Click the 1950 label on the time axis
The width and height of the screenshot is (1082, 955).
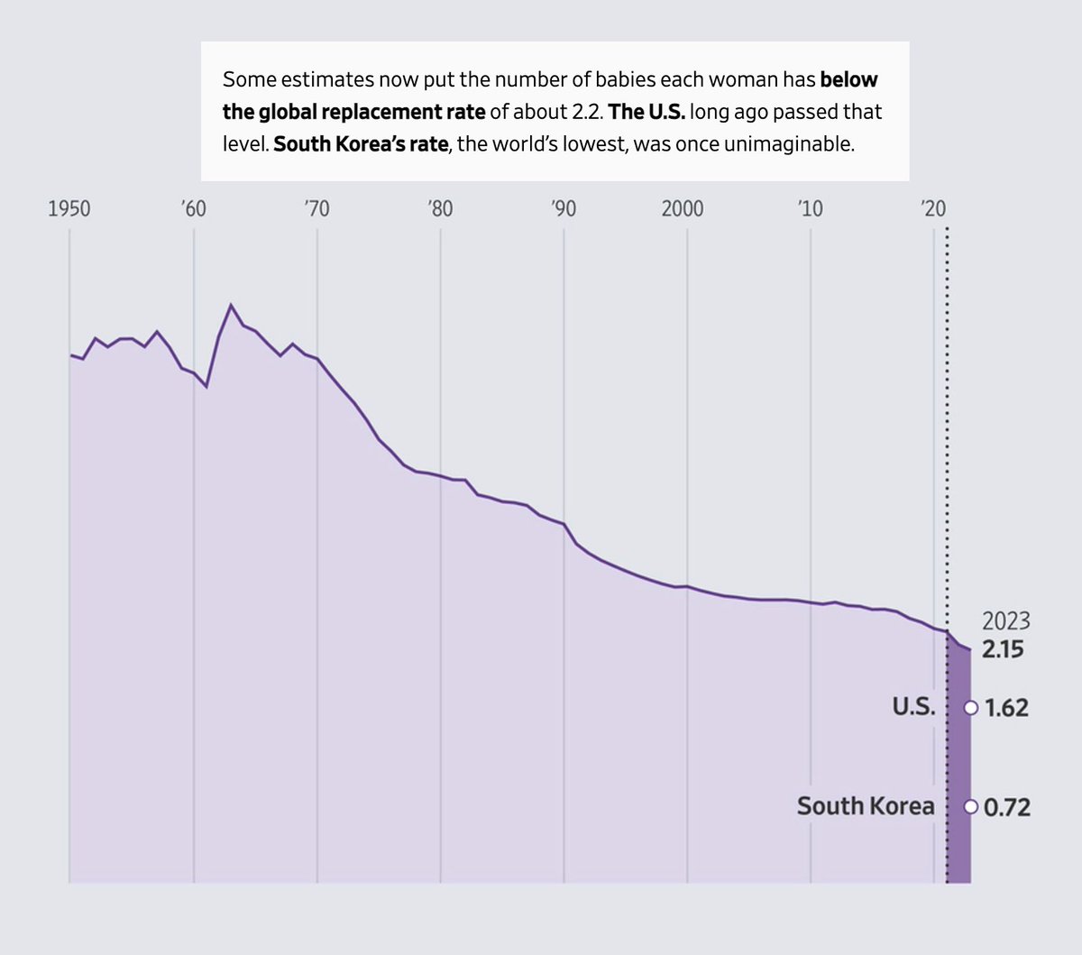(69, 209)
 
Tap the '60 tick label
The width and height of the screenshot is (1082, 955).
(193, 209)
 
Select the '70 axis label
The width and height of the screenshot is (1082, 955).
(316, 209)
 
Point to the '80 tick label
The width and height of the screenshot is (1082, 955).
(440, 209)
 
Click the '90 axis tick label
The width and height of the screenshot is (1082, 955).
(564, 209)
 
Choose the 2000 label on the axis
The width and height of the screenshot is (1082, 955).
(683, 209)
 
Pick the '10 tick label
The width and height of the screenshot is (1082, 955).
(810, 209)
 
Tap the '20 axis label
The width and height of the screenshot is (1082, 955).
(933, 209)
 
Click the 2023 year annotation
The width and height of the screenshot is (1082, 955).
(1005, 621)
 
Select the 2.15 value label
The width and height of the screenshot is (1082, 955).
(1003, 649)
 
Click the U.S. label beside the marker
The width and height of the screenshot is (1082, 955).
(914, 707)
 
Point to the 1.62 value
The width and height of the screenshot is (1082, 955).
(1006, 708)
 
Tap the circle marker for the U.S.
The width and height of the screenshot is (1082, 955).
(970, 708)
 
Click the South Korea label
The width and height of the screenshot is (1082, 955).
(865, 806)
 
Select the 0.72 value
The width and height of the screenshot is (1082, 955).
(1006, 807)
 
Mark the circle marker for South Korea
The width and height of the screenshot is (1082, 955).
(970, 807)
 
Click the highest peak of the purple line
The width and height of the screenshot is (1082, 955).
(231, 305)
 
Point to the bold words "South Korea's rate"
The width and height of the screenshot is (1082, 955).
(361, 144)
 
